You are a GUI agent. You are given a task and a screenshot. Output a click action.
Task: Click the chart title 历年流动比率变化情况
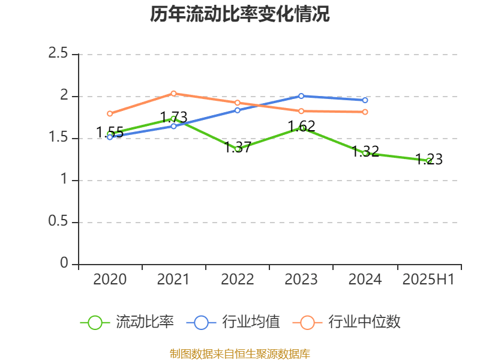click(x=240, y=14)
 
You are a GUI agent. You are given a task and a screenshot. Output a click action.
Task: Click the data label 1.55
click(x=110, y=133)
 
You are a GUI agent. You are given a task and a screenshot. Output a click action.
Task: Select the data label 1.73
click(x=173, y=117)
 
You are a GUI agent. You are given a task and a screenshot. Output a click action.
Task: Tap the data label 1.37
click(x=238, y=148)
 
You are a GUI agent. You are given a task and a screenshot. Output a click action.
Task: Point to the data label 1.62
click(x=301, y=127)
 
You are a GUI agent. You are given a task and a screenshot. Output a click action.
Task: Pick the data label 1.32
click(x=365, y=151)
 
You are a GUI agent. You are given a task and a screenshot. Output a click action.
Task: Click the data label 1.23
click(x=429, y=160)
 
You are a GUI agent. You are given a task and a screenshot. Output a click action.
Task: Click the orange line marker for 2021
click(x=173, y=93)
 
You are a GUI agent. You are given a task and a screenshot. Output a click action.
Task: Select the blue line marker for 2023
click(x=301, y=96)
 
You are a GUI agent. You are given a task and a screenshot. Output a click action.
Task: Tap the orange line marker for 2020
click(x=110, y=113)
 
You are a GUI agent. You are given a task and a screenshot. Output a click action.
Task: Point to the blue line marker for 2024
click(x=365, y=100)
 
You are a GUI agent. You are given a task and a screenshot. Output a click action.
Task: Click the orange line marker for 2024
click(x=365, y=112)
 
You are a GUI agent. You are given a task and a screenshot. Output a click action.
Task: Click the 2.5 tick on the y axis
click(x=58, y=54)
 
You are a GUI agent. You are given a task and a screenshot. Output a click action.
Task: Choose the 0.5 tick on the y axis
click(x=58, y=222)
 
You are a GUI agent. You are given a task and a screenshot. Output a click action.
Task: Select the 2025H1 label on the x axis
click(x=429, y=280)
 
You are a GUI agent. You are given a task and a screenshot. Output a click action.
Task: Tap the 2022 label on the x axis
click(x=238, y=280)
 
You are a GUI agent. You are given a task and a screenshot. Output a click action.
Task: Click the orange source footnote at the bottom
click(x=240, y=353)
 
